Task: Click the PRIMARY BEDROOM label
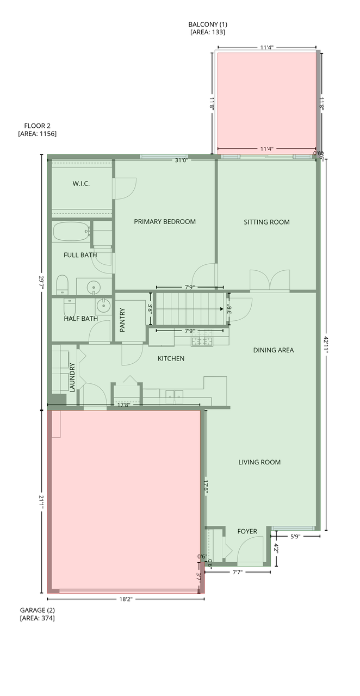(165, 221)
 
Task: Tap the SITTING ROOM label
(266, 222)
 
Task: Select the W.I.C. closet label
(81, 184)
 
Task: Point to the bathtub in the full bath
(71, 232)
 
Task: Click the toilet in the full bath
(62, 284)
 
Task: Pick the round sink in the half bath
(103, 306)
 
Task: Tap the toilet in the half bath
(70, 307)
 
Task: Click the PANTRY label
(122, 320)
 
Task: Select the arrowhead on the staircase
(222, 309)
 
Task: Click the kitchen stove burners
(202, 341)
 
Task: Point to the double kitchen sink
(174, 396)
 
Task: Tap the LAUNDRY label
(72, 377)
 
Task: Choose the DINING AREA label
(274, 350)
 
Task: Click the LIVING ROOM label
(259, 462)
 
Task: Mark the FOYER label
(247, 531)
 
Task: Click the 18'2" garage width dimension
(126, 599)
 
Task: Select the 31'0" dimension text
(182, 160)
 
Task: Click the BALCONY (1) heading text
(208, 24)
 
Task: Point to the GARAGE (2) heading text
(38, 610)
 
